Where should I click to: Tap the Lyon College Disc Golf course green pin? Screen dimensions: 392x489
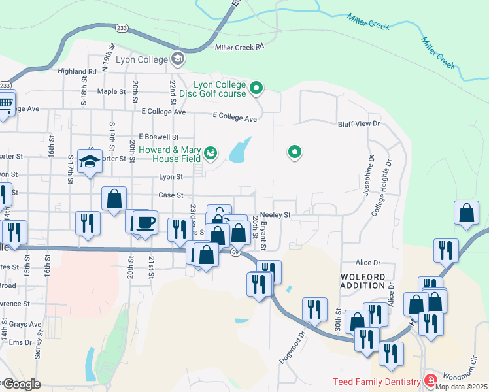tap(257, 88)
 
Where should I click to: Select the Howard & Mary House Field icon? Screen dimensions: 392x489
tap(211, 153)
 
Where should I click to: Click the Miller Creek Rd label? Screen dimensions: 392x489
tap(239, 47)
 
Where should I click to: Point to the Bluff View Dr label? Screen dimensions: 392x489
tap(358, 124)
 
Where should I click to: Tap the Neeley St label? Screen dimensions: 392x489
tap(275, 214)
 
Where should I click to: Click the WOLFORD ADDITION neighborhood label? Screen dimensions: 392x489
tap(363, 281)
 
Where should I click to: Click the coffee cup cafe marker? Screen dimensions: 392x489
tap(146, 222)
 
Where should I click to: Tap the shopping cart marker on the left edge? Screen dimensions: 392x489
tap(5, 104)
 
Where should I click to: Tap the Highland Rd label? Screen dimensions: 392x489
tap(77, 71)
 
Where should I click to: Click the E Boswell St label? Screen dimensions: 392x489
tap(158, 137)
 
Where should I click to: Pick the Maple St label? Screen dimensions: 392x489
tap(111, 92)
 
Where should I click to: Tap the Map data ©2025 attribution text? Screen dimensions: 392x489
tap(461, 387)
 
